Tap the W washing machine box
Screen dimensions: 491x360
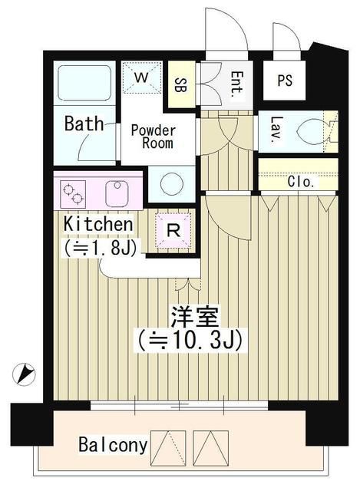tap(141, 77)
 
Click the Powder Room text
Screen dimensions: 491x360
tap(152, 137)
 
